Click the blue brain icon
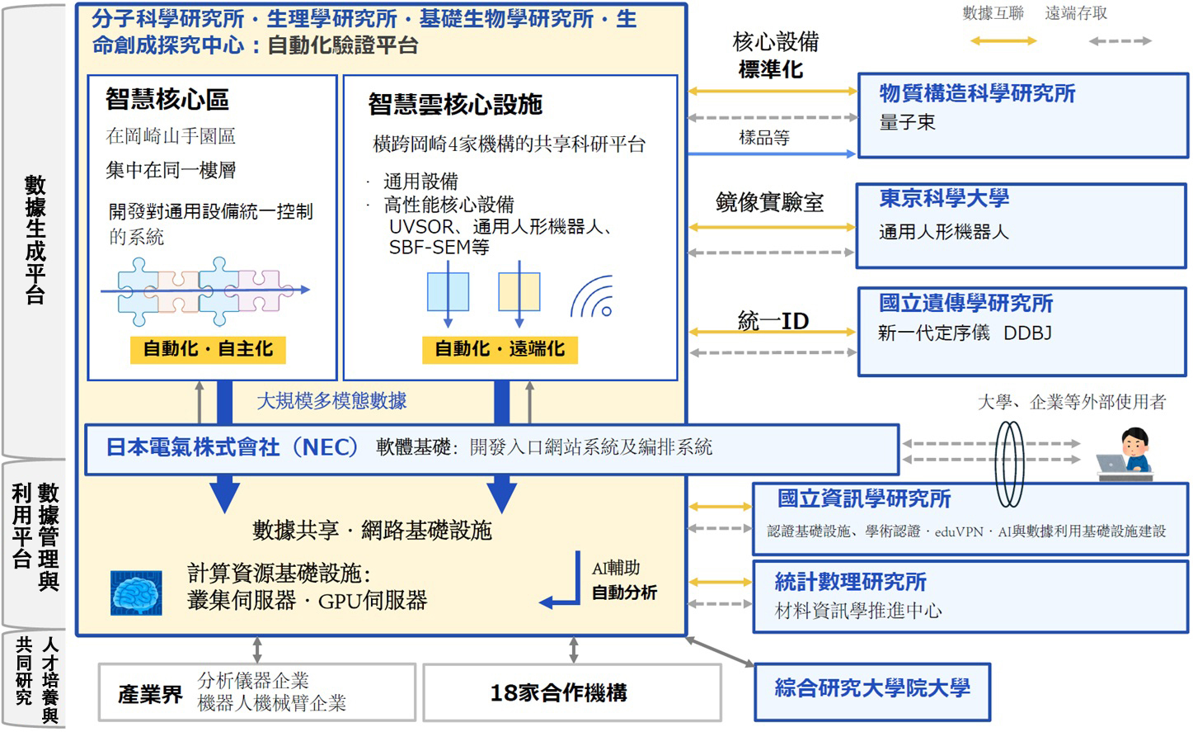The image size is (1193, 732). pyautogui.click(x=136, y=593)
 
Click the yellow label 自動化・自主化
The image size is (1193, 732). pyautogui.click(x=208, y=349)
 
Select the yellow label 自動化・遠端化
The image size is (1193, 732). pyautogui.click(x=500, y=349)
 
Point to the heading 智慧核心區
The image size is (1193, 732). pyautogui.click(x=167, y=99)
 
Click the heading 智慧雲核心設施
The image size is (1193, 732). pyautogui.click(x=455, y=104)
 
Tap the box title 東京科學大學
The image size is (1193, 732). pyautogui.click(x=944, y=198)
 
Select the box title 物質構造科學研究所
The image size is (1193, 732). pyautogui.click(x=977, y=93)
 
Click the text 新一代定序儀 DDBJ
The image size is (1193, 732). pyautogui.click(x=965, y=333)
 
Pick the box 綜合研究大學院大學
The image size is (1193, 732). pyautogui.click(x=872, y=692)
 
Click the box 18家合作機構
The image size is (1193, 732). pyautogui.click(x=572, y=692)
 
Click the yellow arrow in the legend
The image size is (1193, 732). pyautogui.click(x=1003, y=41)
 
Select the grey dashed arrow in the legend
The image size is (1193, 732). pyautogui.click(x=1120, y=41)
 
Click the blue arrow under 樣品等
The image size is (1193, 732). pyautogui.click(x=772, y=154)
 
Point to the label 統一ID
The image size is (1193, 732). pyautogui.click(x=773, y=321)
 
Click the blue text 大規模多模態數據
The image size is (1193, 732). pyautogui.click(x=331, y=401)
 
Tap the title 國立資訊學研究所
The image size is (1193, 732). pyautogui.click(x=864, y=498)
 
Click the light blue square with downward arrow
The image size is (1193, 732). pyautogui.click(x=448, y=291)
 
